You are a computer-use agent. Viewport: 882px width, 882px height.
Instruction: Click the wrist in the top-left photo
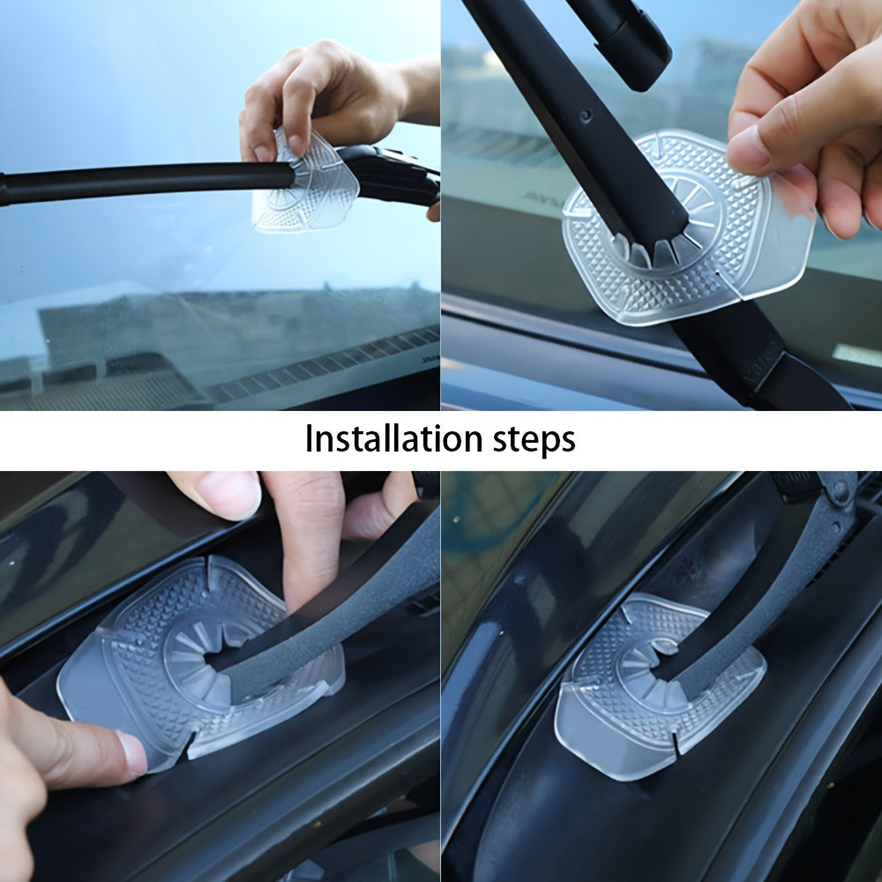pyautogui.click(x=419, y=88)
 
